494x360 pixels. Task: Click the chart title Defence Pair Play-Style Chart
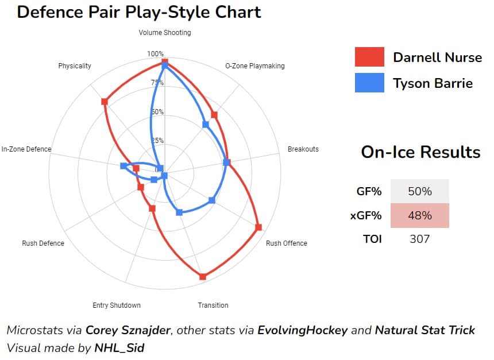(139, 11)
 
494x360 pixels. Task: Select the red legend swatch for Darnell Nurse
(369, 57)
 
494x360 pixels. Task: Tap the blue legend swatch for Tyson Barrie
(369, 83)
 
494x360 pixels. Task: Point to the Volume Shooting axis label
(165, 33)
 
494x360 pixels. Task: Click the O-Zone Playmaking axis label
(254, 66)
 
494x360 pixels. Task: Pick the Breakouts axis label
(303, 149)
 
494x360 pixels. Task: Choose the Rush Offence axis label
(286, 243)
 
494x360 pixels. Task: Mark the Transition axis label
(213, 305)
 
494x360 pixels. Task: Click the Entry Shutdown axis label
(117, 305)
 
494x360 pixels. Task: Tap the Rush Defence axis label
(43, 243)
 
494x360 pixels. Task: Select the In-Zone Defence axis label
(26, 149)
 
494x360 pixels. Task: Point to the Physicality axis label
(75, 66)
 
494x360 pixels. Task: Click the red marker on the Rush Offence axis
(258, 227)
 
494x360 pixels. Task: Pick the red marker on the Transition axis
(202, 277)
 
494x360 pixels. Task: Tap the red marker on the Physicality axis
(104, 102)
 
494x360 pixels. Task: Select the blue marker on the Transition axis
(179, 212)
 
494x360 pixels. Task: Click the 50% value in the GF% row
(419, 191)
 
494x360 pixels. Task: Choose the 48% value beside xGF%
(419, 215)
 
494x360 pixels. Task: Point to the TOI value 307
(419, 239)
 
